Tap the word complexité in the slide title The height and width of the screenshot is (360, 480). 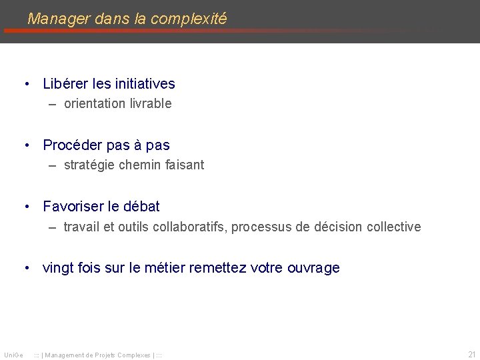click(x=189, y=19)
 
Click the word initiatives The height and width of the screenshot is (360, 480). click(x=145, y=84)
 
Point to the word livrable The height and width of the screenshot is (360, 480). click(x=150, y=104)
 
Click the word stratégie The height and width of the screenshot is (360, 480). click(x=89, y=165)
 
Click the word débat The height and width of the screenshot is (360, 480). click(x=141, y=207)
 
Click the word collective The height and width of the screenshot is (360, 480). click(x=393, y=227)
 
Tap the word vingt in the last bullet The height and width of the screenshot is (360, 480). click(x=57, y=268)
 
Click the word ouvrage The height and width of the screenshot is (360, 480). click(x=313, y=268)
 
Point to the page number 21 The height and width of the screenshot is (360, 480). click(x=471, y=355)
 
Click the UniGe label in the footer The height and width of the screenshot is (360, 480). click(x=13, y=355)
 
